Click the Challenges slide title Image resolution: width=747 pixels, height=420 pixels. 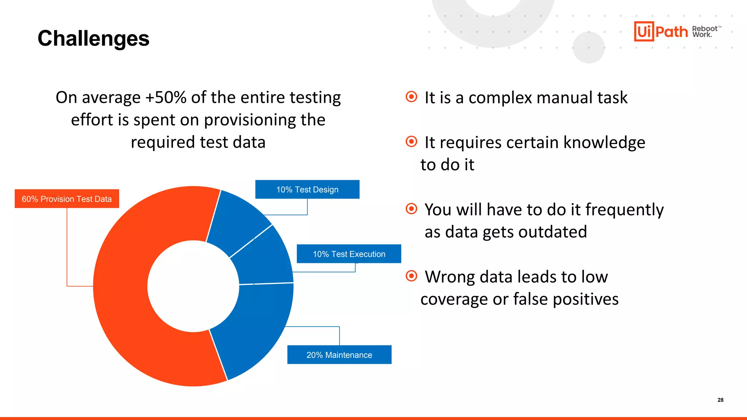tap(93, 38)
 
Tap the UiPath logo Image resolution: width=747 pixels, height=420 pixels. tap(661, 31)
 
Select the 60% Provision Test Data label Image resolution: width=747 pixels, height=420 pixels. tap(67, 199)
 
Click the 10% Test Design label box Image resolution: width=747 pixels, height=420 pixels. tap(307, 189)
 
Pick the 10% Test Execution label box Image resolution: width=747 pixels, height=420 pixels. tap(349, 254)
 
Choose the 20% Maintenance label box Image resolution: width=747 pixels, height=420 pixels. tap(339, 355)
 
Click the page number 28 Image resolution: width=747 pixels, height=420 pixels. tap(720, 400)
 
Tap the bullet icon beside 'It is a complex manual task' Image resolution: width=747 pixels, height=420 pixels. tap(411, 97)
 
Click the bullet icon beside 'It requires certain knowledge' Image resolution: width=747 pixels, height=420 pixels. tap(411, 141)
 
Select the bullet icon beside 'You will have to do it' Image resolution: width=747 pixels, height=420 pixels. tap(411, 209)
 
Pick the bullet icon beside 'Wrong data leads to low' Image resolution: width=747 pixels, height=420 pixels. tap(411, 276)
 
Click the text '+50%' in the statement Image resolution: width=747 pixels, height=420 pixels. tap(166, 98)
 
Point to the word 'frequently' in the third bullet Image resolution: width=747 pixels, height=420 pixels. tap(624, 210)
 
